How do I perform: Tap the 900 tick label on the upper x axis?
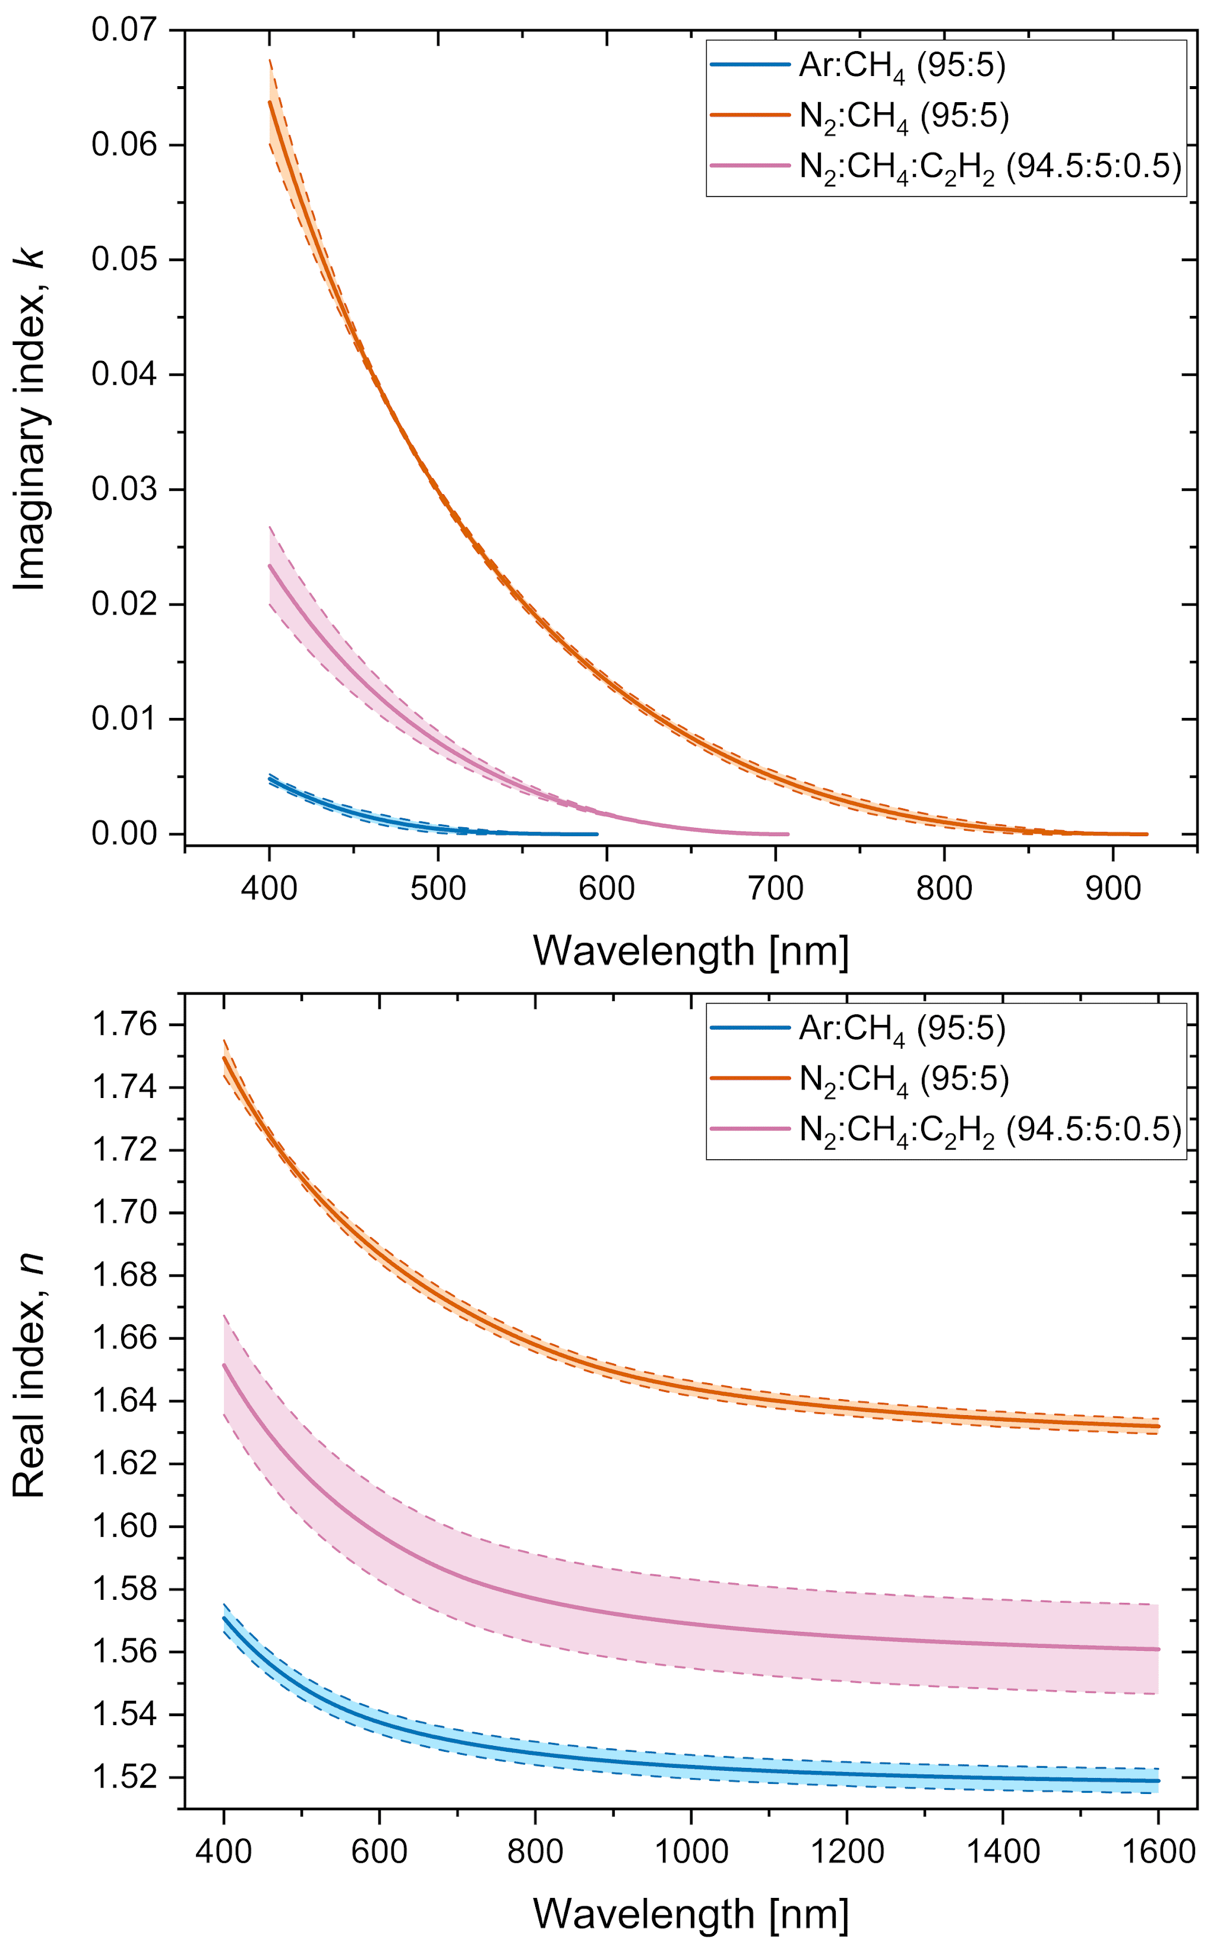click(1112, 889)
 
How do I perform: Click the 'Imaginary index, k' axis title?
click(31, 419)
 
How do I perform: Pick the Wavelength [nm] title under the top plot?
click(691, 952)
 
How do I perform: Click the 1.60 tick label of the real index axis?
click(125, 1526)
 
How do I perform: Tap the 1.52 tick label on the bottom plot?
click(125, 1777)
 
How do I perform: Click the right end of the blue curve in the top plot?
click(597, 834)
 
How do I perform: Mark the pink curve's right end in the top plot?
click(788, 834)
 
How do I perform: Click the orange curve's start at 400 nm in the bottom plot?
click(225, 1058)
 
